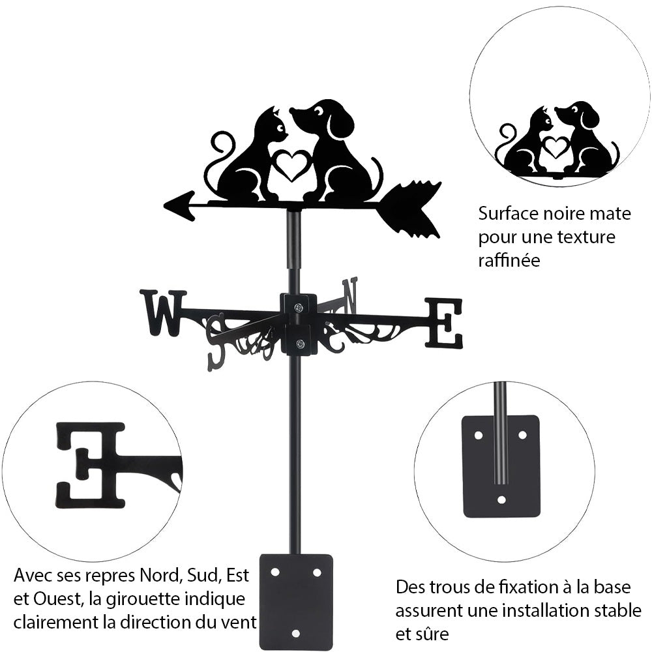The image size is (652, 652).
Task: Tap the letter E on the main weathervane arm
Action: [x=445, y=322]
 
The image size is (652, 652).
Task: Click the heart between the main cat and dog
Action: [x=291, y=165]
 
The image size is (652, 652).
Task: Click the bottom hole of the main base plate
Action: [x=295, y=633]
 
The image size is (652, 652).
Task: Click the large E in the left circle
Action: [x=91, y=464]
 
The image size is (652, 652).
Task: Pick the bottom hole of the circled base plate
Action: [x=501, y=500]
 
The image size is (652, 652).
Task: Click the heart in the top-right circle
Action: [x=556, y=147]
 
